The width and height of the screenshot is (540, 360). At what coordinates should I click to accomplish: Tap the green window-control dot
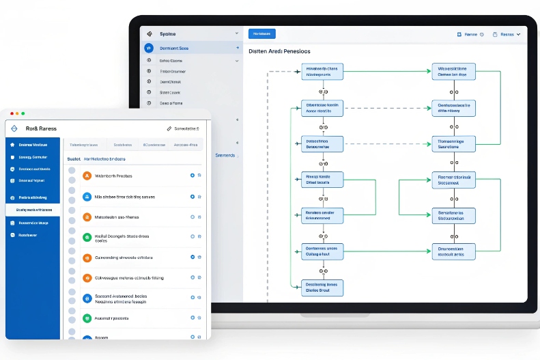click(x=23, y=113)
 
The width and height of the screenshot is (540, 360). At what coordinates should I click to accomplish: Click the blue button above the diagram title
click(x=262, y=33)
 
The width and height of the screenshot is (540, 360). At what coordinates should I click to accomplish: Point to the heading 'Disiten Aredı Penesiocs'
click(x=279, y=51)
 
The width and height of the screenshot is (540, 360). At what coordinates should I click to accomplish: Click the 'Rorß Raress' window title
click(x=41, y=128)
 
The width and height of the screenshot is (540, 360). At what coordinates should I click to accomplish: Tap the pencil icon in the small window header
click(x=169, y=128)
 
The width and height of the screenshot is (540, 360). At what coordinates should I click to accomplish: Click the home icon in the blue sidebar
click(x=12, y=145)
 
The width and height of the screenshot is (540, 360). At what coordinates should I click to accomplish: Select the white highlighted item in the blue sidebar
click(x=33, y=210)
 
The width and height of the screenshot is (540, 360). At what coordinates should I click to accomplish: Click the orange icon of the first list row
click(x=87, y=176)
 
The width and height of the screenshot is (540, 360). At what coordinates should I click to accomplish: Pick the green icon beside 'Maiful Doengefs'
click(x=87, y=237)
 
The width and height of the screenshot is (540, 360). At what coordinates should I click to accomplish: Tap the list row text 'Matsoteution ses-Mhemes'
click(x=124, y=217)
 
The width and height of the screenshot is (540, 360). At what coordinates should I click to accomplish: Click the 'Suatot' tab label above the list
click(x=74, y=158)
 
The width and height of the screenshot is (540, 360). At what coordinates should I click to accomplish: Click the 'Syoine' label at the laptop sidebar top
click(x=168, y=33)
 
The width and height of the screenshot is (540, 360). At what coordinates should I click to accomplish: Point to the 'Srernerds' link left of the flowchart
click(x=225, y=155)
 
